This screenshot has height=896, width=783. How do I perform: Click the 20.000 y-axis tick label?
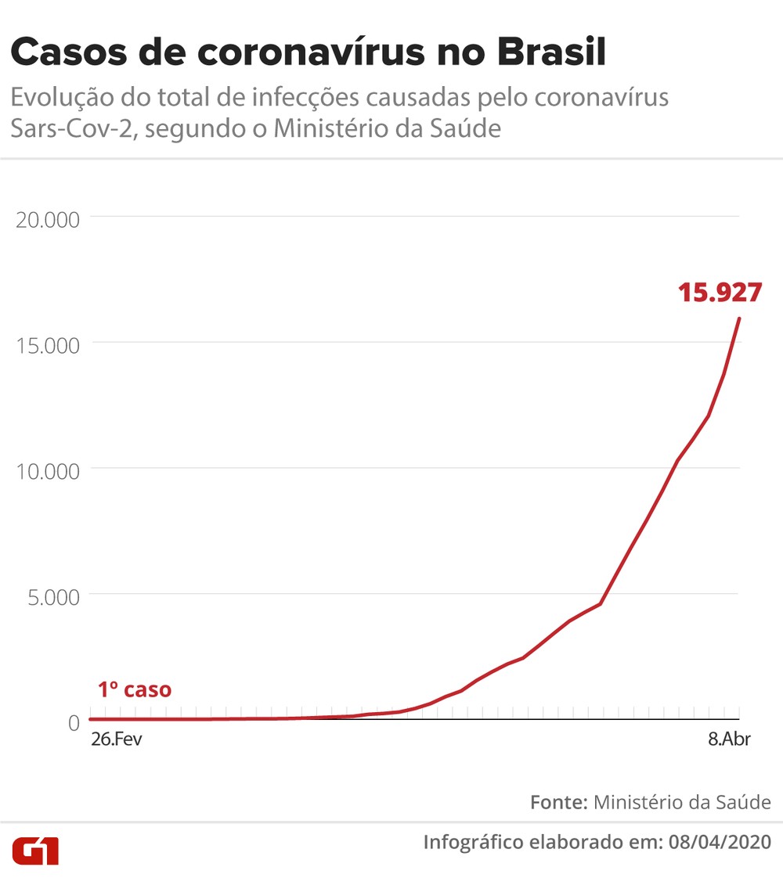click(48, 219)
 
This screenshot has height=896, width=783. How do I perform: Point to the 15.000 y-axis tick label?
click(48, 345)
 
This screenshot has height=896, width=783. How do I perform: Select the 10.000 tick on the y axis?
click(48, 471)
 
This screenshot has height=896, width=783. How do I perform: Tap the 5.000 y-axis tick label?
click(53, 596)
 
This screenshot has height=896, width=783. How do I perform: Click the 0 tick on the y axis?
click(74, 721)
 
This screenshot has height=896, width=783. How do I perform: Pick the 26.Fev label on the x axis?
click(116, 739)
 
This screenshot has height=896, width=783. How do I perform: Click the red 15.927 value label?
click(720, 293)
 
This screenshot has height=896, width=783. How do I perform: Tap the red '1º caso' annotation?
click(134, 690)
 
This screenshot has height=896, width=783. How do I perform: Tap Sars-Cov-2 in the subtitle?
click(73, 128)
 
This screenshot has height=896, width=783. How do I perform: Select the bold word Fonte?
click(558, 802)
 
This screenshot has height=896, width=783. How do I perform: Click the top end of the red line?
click(739, 318)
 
